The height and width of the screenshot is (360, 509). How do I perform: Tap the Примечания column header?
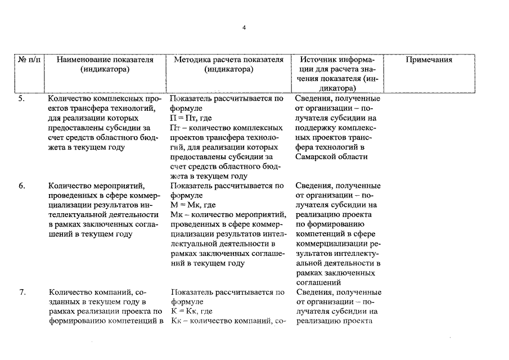click(x=429, y=60)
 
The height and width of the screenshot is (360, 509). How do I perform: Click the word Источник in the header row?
click(x=319, y=60)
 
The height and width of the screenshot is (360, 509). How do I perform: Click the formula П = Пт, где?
click(x=192, y=118)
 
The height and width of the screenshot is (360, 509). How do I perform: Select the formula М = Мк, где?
click(x=193, y=205)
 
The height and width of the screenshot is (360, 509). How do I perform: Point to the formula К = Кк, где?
click(x=191, y=311)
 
